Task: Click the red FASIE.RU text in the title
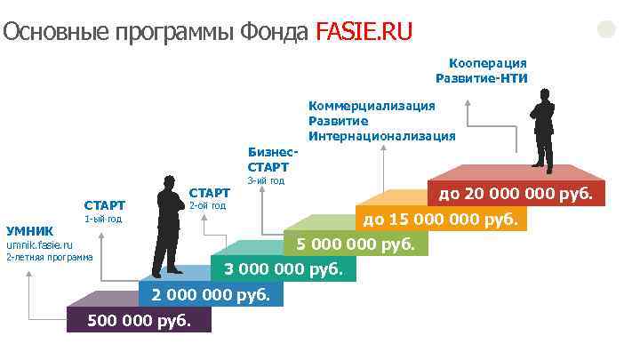(364, 33)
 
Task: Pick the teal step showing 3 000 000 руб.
(283, 268)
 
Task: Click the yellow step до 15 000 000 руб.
(439, 218)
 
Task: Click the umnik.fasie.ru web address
(39, 244)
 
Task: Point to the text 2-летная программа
(49, 258)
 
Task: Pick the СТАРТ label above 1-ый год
(104, 205)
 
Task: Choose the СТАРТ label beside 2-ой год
(210, 192)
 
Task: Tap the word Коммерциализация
(372, 106)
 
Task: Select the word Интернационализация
(381, 136)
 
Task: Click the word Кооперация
(488, 63)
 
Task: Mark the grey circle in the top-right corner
(606, 28)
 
